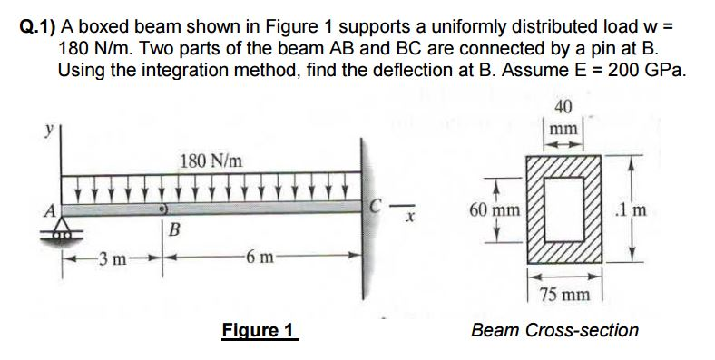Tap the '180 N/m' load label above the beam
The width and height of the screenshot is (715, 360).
pyautogui.click(x=211, y=161)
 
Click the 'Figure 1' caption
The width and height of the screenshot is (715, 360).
pyautogui.click(x=260, y=329)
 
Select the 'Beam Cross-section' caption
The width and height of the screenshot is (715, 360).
pyautogui.click(x=554, y=329)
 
